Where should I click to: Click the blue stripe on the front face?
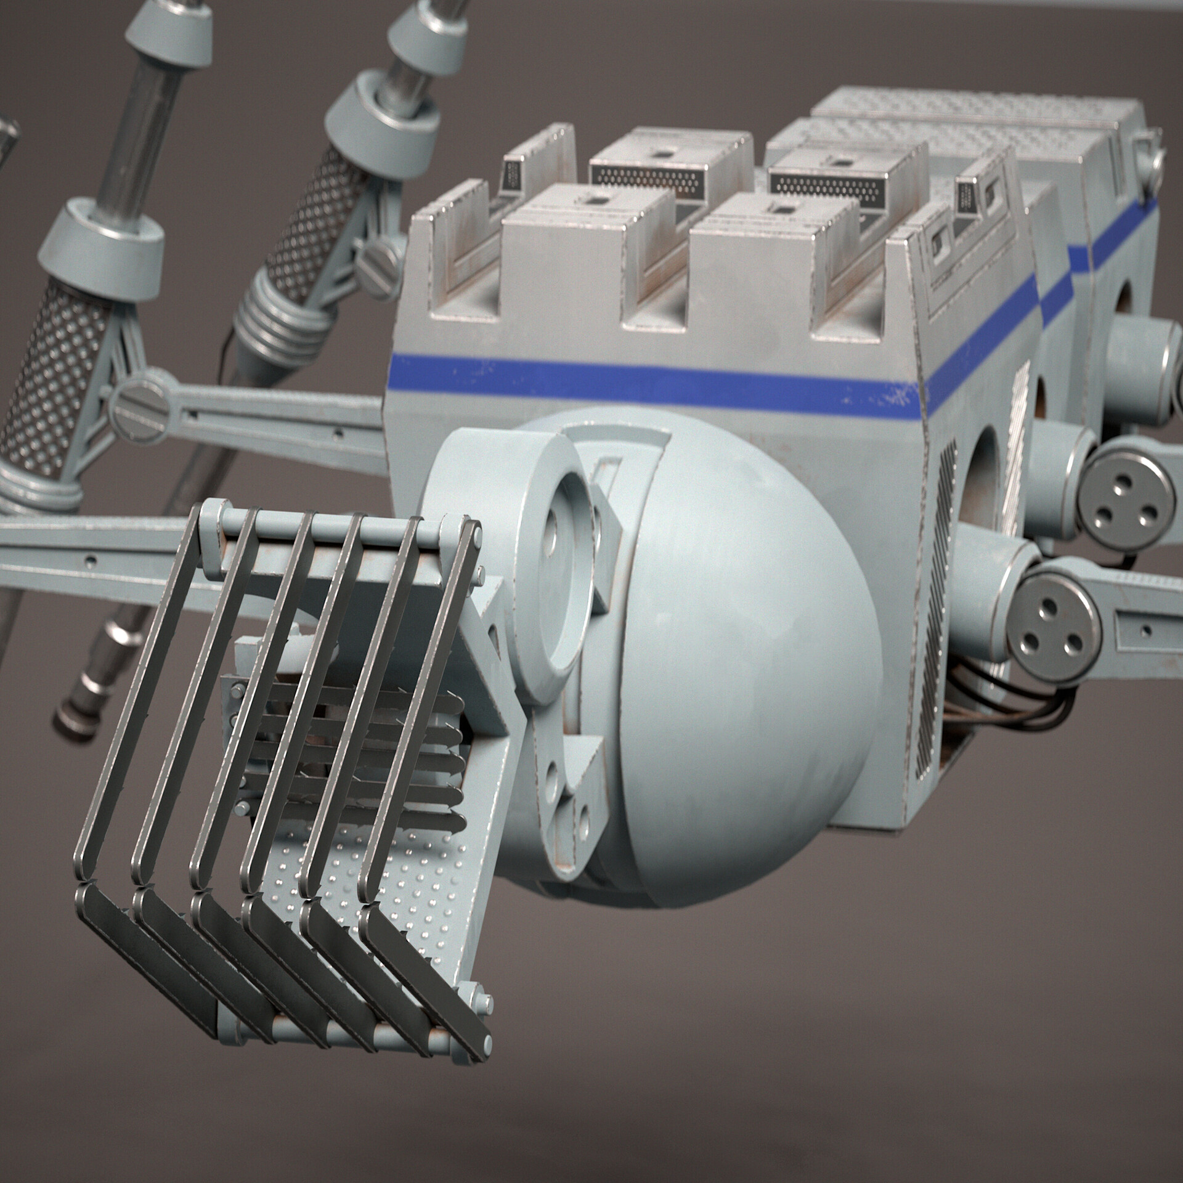click(647, 379)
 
